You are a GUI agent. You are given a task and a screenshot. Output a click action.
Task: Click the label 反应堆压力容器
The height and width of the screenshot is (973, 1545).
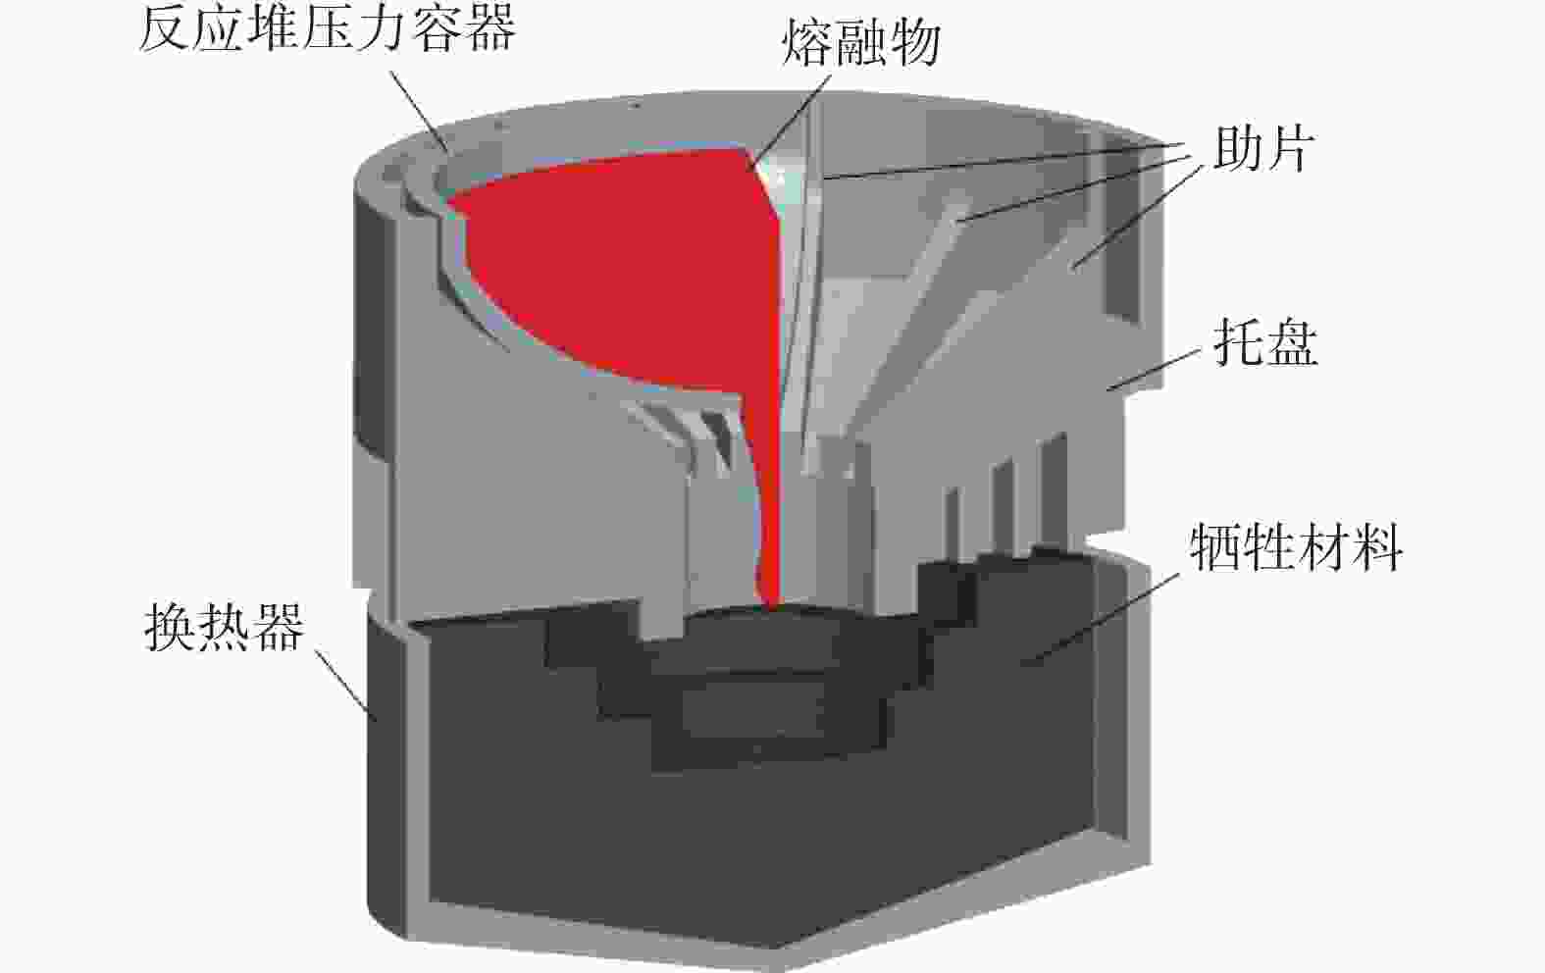[327, 29]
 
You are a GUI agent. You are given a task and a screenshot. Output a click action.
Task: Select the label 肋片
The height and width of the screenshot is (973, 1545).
[1262, 149]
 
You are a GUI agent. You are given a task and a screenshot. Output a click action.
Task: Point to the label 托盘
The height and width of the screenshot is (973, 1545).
[1265, 342]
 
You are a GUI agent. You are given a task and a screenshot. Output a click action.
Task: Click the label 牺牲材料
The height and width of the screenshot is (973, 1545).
[1296, 546]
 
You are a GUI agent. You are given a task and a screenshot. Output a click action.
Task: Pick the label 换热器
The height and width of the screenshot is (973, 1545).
[225, 627]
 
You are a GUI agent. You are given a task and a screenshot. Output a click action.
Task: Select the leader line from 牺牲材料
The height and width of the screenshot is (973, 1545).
[1100, 618]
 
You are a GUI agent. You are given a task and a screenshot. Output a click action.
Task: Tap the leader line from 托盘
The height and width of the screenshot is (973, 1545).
[1154, 371]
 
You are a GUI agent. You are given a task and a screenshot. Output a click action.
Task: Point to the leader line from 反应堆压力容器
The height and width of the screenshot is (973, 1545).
[420, 110]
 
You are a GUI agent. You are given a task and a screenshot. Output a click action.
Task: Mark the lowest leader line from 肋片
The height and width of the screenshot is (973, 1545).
[1137, 217]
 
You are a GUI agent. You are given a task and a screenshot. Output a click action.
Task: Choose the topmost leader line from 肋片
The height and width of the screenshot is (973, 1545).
[1003, 161]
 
